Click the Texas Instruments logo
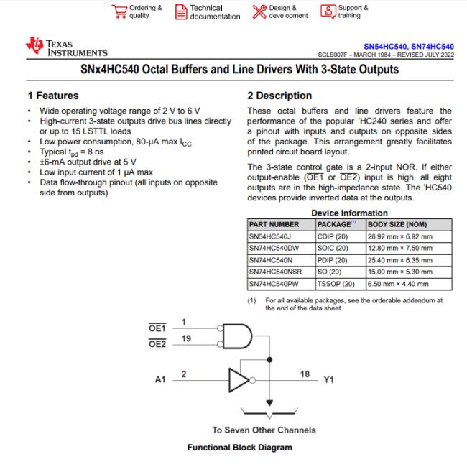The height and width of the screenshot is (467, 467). coord(66,48)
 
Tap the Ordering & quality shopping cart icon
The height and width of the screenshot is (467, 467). coord(119,11)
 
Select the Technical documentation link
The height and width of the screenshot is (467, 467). coord(215,12)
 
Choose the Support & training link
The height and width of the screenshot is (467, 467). coord(353,12)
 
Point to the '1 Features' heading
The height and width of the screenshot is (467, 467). coord(53,96)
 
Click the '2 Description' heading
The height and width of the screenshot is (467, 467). coord(279,96)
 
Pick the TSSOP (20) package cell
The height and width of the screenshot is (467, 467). coord(336,283)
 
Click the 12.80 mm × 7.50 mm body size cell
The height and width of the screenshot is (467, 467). coord(399,248)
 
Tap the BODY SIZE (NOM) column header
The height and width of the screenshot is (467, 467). coord(398,224)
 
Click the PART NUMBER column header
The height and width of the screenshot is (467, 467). coord(274,224)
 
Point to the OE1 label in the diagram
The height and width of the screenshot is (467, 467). coord(157,328)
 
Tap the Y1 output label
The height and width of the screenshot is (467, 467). coord(330,379)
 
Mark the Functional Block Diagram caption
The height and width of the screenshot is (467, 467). coord(240,448)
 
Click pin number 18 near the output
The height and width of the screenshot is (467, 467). coord(305,374)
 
